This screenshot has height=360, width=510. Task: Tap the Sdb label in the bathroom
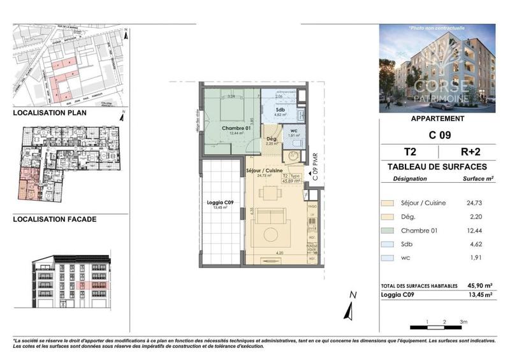point(280,109)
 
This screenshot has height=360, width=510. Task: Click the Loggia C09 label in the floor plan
point(220,202)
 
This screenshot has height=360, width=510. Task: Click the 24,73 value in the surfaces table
point(481,203)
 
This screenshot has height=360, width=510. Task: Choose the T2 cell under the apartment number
point(409,152)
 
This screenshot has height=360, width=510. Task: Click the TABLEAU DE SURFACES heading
point(437,166)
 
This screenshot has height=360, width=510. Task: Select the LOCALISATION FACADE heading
point(55,219)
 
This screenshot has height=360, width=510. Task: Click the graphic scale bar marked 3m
point(439,326)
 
